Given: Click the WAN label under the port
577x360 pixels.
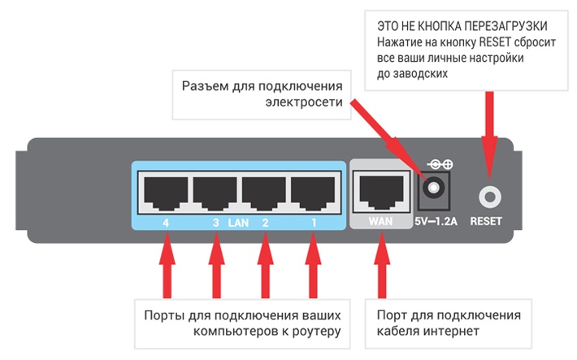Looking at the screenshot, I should point(380,220).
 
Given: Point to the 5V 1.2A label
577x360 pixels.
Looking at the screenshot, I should point(436,220).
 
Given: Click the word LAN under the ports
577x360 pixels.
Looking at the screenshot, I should point(237,221).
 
